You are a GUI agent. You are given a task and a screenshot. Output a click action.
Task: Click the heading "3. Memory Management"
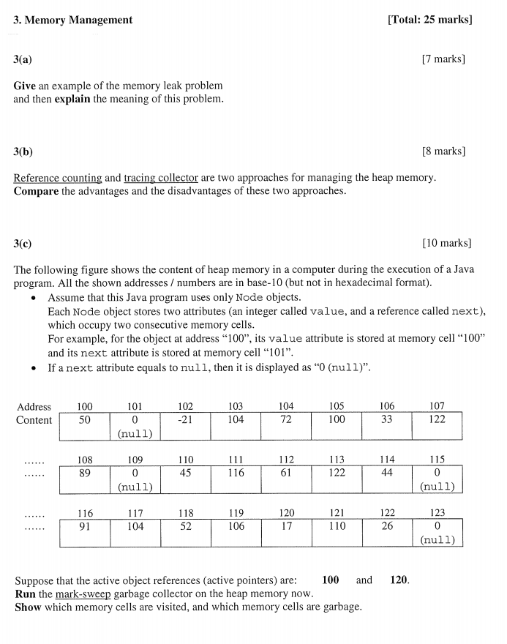coord(73,20)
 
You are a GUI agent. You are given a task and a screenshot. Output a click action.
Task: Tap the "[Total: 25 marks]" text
coord(429,20)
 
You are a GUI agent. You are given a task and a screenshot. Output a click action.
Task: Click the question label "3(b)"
coord(23,151)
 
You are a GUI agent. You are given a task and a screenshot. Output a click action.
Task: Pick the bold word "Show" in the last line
coord(28,607)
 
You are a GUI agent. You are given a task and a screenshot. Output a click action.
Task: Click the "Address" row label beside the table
coord(34,406)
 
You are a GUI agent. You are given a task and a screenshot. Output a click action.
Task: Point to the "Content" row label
coord(34,420)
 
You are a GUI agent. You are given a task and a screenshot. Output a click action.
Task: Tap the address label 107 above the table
coord(437,406)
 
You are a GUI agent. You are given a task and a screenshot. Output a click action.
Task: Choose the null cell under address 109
coord(135,479)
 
